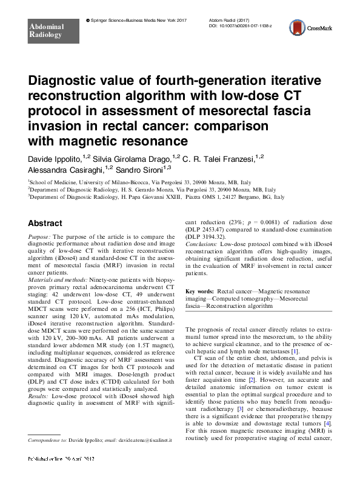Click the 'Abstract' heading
click(x=45, y=223)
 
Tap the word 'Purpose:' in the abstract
click(x=39, y=238)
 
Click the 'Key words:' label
click(x=200, y=291)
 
